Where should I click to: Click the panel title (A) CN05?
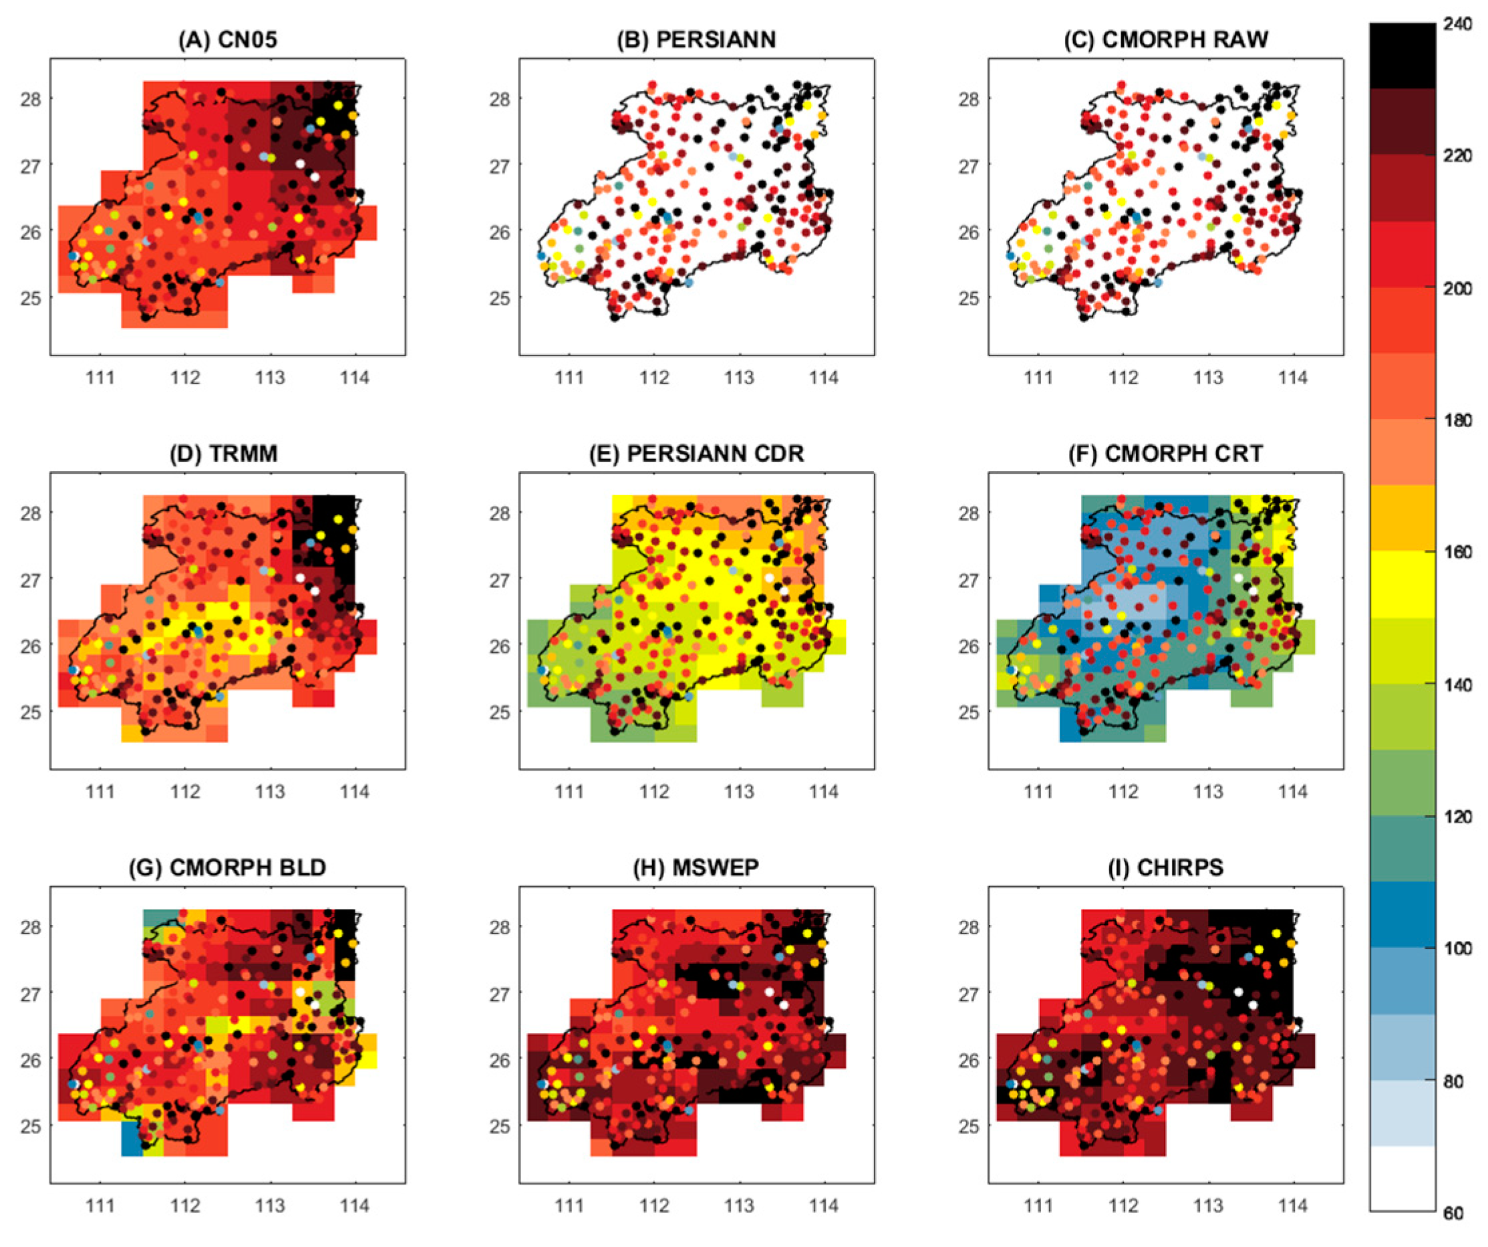coord(227,39)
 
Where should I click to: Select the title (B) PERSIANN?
coord(696,39)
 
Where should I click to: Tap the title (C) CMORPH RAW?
coord(1165,39)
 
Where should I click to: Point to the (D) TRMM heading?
coord(223,454)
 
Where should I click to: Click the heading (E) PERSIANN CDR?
coord(696,454)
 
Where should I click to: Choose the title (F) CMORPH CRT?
coord(1165,454)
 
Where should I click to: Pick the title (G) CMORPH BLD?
coord(227,868)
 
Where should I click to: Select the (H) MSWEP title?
coord(696,868)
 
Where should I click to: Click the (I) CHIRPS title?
coord(1165,868)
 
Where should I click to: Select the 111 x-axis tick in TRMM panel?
coord(100,791)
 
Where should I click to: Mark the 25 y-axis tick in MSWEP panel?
coord(500,1126)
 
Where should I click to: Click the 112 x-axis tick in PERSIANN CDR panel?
coord(654,791)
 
